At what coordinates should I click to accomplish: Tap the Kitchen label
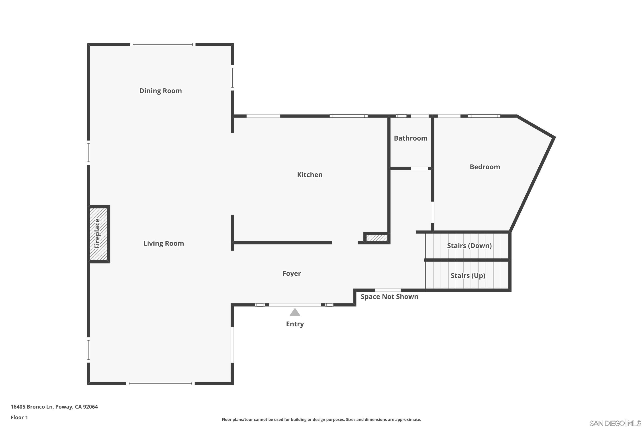309,174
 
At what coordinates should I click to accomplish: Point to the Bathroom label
410,138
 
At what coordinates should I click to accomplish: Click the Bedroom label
484,167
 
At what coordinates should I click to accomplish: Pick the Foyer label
291,273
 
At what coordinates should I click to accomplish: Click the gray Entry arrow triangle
295,312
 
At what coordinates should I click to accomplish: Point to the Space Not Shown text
389,297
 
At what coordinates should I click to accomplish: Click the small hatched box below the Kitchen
376,238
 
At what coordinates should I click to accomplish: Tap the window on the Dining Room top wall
163,44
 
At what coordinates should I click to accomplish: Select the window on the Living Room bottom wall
160,383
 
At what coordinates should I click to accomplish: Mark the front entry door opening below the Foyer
295,305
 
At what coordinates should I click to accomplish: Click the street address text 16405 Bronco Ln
54,407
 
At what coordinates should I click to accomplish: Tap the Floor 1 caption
19,417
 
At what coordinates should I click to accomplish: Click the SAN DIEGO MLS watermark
615,423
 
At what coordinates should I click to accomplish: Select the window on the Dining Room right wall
232,78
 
